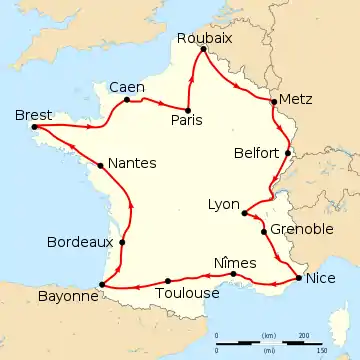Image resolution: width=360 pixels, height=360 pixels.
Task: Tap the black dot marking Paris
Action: point(188,108)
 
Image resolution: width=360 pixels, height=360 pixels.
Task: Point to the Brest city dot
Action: point(34,127)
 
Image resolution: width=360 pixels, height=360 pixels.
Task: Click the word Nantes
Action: point(131,163)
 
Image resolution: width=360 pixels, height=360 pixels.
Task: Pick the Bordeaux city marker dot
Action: point(122,241)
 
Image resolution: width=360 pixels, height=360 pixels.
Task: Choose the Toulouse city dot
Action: point(167,280)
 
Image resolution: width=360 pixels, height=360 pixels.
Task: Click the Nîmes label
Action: point(235,261)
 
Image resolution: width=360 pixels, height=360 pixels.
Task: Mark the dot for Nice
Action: point(298,278)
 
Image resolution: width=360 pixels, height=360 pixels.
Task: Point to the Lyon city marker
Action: point(245,212)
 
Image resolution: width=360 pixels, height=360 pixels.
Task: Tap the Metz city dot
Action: point(274,101)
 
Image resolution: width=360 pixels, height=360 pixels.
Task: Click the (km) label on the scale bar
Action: point(269,334)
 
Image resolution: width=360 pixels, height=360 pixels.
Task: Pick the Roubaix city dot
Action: point(203,49)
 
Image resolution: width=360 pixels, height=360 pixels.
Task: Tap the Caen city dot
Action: point(127,99)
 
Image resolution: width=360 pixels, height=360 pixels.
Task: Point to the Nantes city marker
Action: point(101,165)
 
